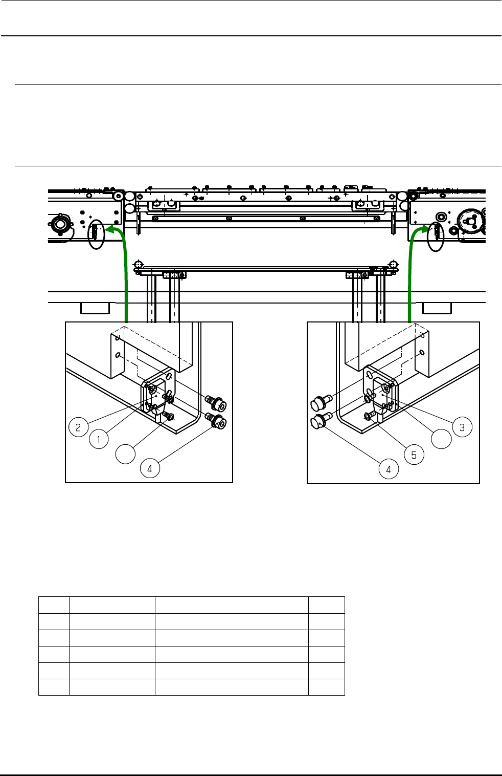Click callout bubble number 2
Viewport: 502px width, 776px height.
[x=79, y=427]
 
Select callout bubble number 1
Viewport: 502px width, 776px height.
[x=99, y=439]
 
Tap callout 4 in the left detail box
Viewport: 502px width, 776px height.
[x=150, y=468]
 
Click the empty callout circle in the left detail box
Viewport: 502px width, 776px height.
[x=125, y=454]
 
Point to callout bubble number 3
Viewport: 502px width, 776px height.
[x=462, y=427]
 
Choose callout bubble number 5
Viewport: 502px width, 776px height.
[x=414, y=455]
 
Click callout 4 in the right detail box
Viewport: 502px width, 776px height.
[x=389, y=469]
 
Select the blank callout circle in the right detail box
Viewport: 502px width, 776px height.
[x=442, y=439]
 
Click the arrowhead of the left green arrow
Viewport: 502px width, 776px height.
[x=109, y=229]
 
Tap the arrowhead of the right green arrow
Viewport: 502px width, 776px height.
[x=425, y=228]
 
